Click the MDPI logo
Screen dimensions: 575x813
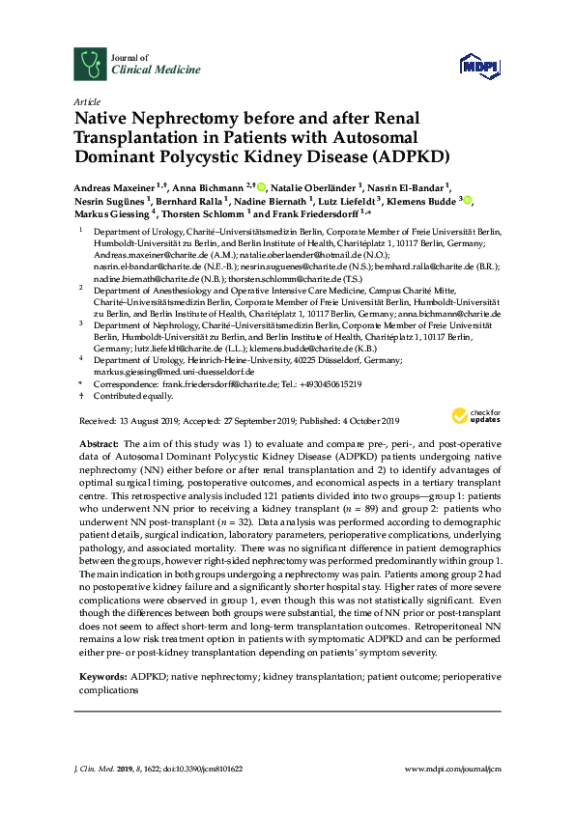pos(479,65)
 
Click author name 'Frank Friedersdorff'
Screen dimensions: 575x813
pos(314,214)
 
